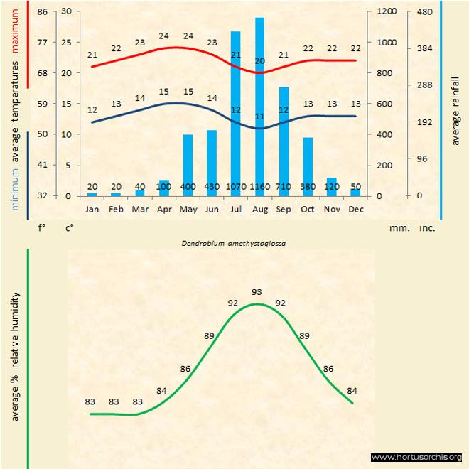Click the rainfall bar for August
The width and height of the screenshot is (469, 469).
(259, 107)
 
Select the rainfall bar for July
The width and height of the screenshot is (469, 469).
(235, 114)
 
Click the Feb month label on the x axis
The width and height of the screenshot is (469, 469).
(116, 210)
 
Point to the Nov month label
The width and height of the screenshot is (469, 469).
(332, 210)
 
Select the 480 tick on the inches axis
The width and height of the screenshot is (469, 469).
(425, 11)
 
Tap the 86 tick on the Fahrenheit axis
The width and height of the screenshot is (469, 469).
(43, 11)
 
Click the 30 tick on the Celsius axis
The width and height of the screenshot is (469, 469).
(66, 11)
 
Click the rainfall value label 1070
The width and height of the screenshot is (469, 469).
(235, 186)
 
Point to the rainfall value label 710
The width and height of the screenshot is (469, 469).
(284, 186)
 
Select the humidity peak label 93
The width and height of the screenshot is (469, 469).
(257, 292)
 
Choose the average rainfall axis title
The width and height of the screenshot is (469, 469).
(455, 107)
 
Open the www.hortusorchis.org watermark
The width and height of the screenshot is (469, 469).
(417, 457)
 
